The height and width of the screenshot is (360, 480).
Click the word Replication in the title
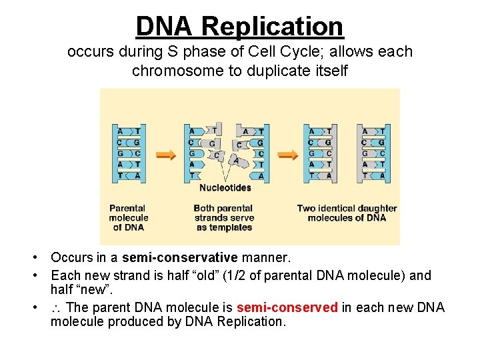point(272,27)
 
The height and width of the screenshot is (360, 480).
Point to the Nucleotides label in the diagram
point(225,187)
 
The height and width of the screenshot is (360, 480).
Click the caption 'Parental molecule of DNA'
point(129,217)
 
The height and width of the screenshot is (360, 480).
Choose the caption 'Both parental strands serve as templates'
point(224,217)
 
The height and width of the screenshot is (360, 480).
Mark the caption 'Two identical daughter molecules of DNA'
point(347,213)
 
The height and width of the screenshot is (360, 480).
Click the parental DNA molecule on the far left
point(128,153)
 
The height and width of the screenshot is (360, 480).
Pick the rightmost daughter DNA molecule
point(373,153)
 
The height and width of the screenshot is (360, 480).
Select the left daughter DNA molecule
point(320,153)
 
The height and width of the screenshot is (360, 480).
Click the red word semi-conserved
point(287,307)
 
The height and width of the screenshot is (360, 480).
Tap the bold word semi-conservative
point(180,257)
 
